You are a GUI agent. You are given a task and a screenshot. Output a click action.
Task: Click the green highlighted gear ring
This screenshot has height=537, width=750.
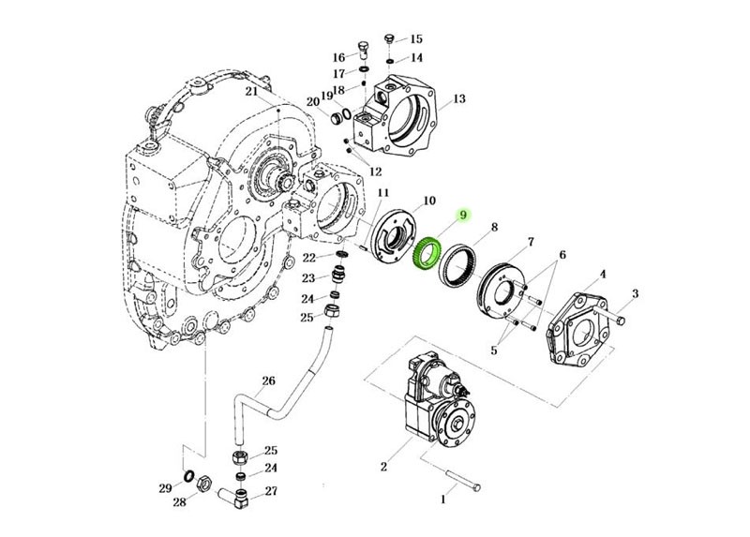pyautogui.click(x=430, y=255)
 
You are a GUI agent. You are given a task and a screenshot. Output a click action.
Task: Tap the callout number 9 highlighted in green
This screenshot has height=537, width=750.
pyautogui.click(x=461, y=216)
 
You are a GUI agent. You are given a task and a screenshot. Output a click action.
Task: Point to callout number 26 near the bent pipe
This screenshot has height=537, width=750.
pyautogui.click(x=268, y=381)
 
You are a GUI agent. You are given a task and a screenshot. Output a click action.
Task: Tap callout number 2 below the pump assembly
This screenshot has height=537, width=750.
pyautogui.click(x=382, y=466)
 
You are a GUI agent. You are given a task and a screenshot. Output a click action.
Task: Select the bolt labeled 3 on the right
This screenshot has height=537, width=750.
pyautogui.click(x=622, y=321)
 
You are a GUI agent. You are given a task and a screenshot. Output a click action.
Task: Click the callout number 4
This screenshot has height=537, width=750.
pyautogui.click(x=603, y=275)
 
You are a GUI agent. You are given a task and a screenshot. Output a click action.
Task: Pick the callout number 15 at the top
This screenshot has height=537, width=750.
pyautogui.click(x=415, y=39)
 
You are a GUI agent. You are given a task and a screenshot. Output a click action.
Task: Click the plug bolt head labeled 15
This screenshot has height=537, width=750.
pyautogui.click(x=388, y=39)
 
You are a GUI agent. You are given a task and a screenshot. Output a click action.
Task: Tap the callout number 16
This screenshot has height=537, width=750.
pyautogui.click(x=338, y=58)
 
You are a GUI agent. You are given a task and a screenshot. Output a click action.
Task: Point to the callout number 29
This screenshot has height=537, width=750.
pyautogui.click(x=165, y=488)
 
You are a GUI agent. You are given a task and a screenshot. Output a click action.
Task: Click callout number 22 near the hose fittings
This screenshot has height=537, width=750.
pyautogui.click(x=309, y=258)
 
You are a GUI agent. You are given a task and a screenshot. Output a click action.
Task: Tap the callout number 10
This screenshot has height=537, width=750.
pyautogui.click(x=428, y=201)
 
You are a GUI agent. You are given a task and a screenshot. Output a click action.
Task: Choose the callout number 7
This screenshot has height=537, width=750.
pyautogui.click(x=530, y=242)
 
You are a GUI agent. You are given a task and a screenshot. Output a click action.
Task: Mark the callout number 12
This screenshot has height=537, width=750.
pyautogui.click(x=375, y=172)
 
